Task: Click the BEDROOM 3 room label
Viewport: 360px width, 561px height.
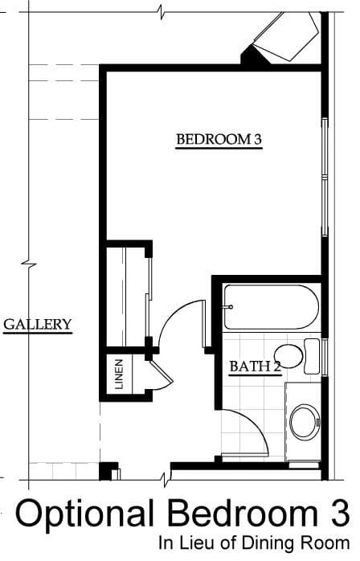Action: pos(219,139)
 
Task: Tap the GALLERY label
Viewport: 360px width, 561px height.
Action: pos(38,324)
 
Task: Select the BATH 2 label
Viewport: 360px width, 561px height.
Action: pos(256,366)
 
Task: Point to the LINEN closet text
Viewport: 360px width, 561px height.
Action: pos(119,374)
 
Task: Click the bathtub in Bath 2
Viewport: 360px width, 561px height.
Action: pos(271,306)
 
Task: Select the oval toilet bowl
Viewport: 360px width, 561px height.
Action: pos(288,356)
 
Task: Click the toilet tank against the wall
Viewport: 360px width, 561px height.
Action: pos(312,356)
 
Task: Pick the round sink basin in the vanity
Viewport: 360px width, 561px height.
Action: pos(305,421)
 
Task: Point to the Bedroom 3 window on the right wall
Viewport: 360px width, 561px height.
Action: pos(325,177)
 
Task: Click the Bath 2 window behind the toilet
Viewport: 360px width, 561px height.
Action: pos(325,356)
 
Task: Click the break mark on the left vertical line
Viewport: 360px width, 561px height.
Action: pos(29,264)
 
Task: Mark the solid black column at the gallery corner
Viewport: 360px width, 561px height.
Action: pos(105,471)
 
